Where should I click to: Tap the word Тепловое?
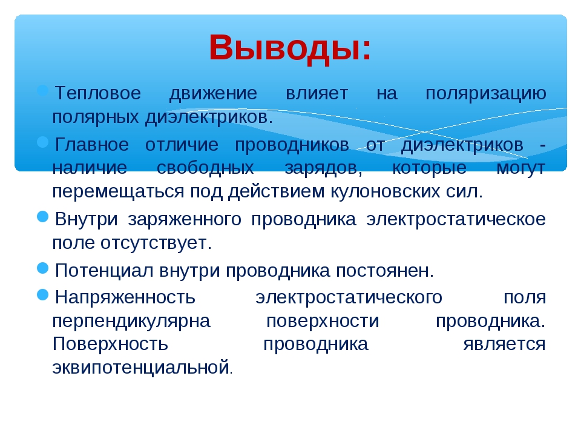click(98, 93)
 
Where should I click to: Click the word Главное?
click(92, 144)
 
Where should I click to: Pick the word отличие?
click(182, 145)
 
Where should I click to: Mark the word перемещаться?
click(118, 193)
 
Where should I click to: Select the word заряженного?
click(185, 220)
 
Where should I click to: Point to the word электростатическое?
click(456, 219)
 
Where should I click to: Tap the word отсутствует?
click(156, 243)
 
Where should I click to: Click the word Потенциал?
click(103, 271)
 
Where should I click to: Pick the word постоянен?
click(385, 271)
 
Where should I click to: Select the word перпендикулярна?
click(131, 322)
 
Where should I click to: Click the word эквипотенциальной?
click(141, 368)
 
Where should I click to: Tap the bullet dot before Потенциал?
click(43, 268)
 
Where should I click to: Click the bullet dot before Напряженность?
click(43, 295)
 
